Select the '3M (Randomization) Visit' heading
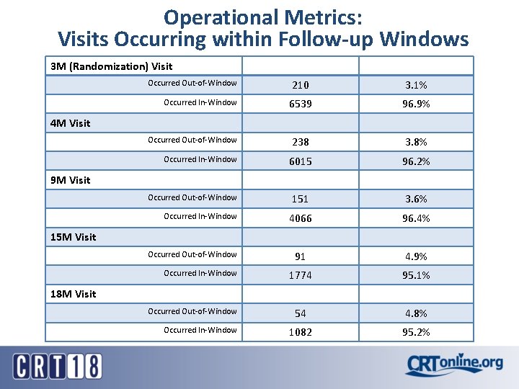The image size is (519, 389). click(x=112, y=66)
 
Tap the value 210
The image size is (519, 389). click(x=301, y=86)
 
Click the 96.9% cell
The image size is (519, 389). click(x=416, y=104)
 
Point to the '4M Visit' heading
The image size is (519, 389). click(x=71, y=123)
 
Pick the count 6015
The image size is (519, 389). click(x=301, y=161)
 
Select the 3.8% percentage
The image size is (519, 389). click(x=416, y=143)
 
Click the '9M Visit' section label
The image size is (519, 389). click(x=71, y=180)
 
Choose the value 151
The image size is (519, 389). click(x=301, y=200)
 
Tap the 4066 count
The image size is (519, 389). click(x=301, y=218)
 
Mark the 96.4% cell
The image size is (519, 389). click(x=416, y=218)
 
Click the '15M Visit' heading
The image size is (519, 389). click(x=74, y=237)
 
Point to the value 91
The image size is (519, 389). click(x=301, y=256)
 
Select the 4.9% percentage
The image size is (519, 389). click(x=416, y=256)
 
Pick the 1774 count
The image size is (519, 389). click(x=301, y=275)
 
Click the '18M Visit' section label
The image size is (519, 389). click(x=74, y=294)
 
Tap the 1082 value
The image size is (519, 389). click(x=301, y=332)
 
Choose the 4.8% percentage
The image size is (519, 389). click(x=416, y=313)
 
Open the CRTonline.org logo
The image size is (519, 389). click(x=454, y=365)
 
